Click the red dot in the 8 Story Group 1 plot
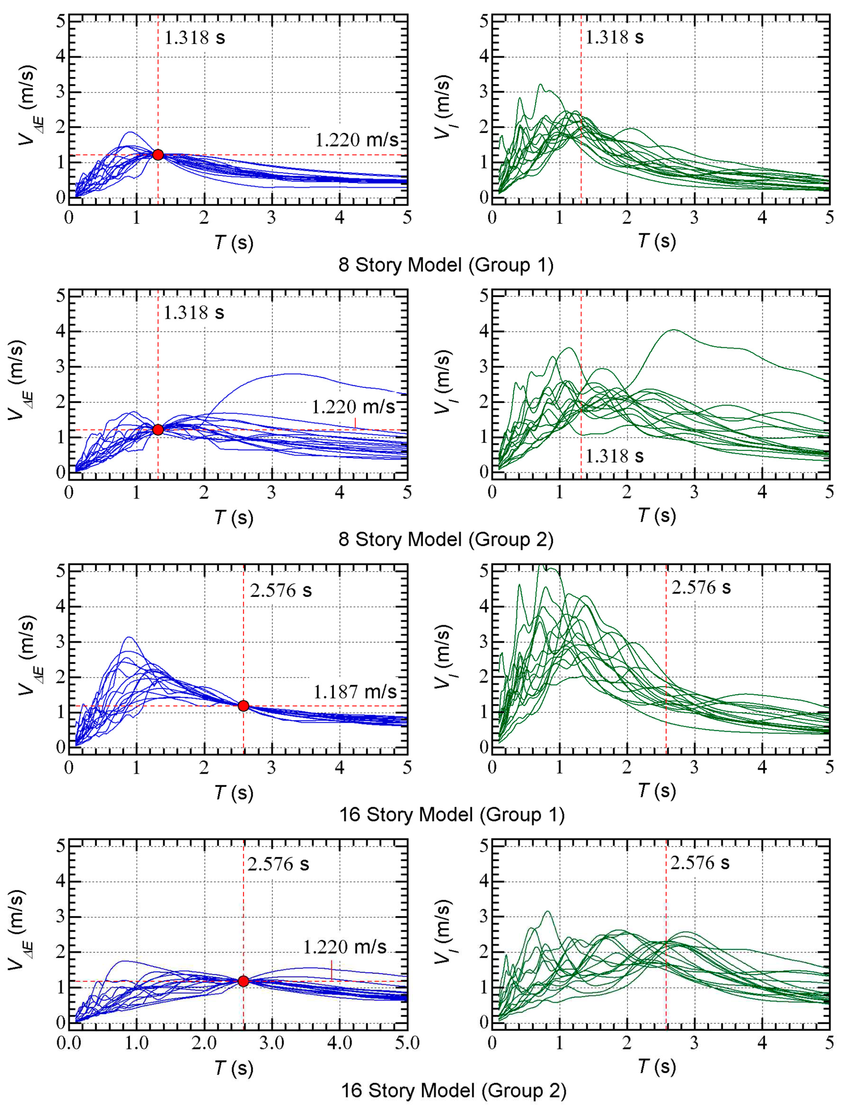click(x=158, y=155)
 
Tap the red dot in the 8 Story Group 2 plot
click(x=158, y=430)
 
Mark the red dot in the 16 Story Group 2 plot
click(x=243, y=981)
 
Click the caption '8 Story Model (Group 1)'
click(x=446, y=265)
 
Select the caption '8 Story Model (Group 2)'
click(x=446, y=540)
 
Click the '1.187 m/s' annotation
click(x=355, y=692)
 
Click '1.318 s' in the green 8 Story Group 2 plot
click(x=614, y=456)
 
